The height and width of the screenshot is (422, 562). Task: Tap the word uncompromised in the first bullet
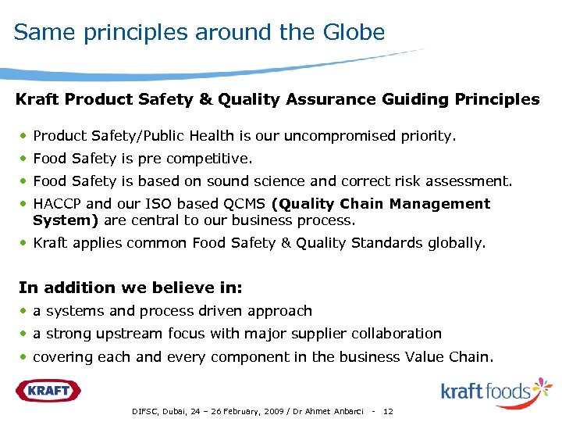340,136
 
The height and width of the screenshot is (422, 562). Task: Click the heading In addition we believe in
119,287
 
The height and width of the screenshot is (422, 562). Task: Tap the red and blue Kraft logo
48,390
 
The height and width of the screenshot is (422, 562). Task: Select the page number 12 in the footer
389,412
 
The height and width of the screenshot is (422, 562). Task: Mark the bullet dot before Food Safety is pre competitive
26,159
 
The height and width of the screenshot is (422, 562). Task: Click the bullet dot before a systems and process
26,311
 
